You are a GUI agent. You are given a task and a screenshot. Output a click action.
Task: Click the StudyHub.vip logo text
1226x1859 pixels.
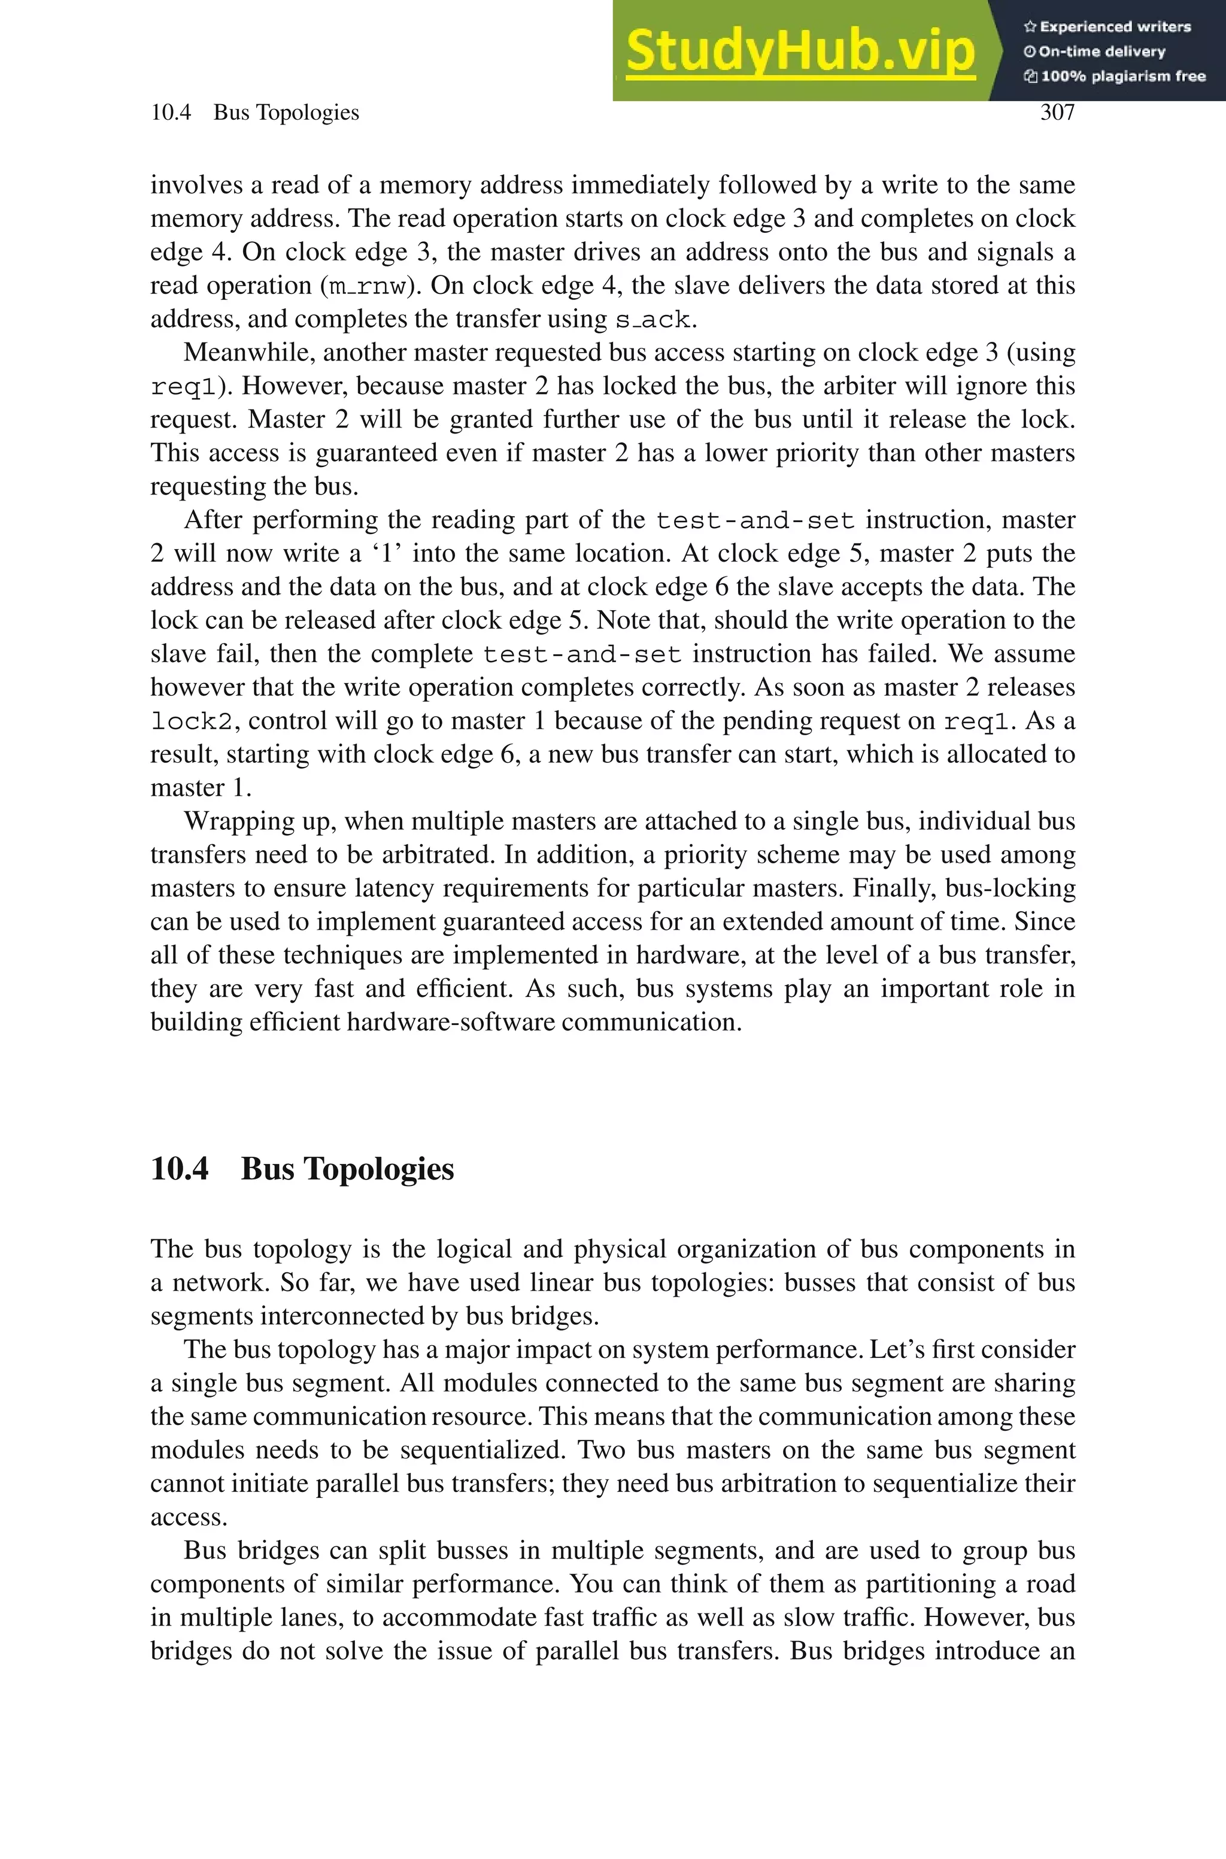(x=800, y=51)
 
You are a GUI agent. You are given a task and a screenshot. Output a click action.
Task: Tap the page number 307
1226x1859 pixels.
(x=1057, y=113)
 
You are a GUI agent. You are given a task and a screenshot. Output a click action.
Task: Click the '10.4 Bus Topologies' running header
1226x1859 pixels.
(x=255, y=113)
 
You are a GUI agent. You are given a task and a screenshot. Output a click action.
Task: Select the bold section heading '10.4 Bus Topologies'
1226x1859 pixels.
(x=302, y=1169)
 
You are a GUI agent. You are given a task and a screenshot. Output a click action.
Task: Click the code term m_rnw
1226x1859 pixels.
(x=367, y=286)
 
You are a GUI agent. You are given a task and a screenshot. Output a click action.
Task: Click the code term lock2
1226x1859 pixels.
(x=192, y=721)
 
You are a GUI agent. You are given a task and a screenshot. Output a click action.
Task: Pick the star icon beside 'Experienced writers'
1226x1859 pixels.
(x=1030, y=26)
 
